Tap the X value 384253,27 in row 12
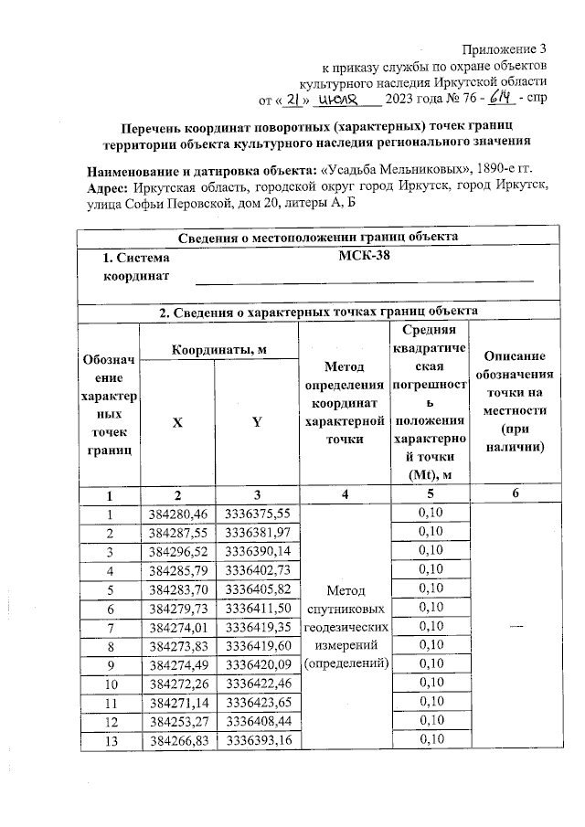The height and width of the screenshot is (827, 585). [x=179, y=722]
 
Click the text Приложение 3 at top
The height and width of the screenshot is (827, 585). [x=505, y=48]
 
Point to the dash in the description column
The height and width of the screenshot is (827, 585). [x=516, y=625]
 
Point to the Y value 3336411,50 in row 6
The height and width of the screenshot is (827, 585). [x=257, y=608]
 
